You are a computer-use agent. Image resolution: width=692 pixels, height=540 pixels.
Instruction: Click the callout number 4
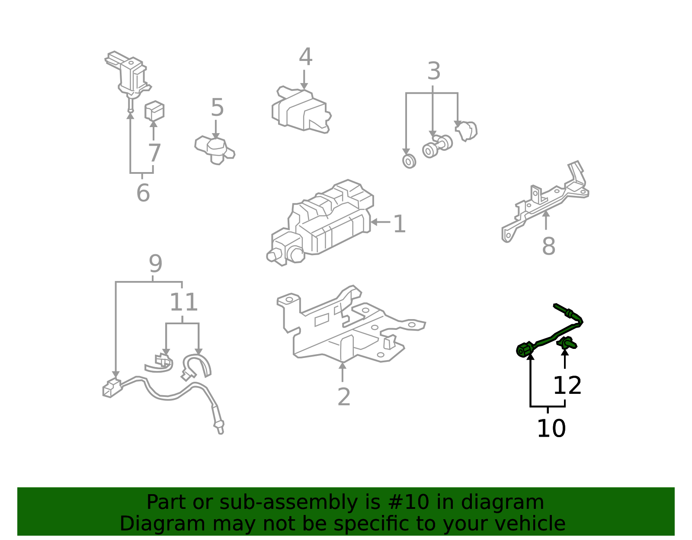(x=305, y=57)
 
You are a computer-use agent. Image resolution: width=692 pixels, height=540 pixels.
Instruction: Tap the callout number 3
(x=434, y=70)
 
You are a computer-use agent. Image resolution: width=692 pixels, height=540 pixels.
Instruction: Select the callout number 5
(x=217, y=107)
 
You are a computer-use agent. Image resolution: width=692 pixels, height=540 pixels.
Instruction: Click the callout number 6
(x=143, y=192)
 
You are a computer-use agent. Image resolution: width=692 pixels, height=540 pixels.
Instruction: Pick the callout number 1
(x=399, y=224)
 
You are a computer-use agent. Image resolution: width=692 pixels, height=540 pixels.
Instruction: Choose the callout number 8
(x=548, y=246)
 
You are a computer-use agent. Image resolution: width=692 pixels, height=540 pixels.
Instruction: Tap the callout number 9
(x=155, y=263)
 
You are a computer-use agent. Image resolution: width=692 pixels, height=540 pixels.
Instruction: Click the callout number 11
(x=184, y=302)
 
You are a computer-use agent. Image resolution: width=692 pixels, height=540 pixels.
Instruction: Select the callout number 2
(x=344, y=396)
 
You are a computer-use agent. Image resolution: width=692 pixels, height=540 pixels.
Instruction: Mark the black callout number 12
(x=567, y=385)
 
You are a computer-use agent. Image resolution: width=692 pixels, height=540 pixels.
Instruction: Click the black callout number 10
(x=551, y=428)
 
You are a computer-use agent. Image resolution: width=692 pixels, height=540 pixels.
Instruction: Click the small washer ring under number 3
(x=409, y=161)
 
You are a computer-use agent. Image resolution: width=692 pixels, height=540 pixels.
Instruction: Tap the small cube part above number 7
(x=154, y=111)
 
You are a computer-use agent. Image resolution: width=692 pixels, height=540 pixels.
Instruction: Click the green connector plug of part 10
(x=525, y=349)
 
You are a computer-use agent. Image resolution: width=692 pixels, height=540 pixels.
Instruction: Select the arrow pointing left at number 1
(x=380, y=222)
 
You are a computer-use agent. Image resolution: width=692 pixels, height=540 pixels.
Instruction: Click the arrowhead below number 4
(x=304, y=86)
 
